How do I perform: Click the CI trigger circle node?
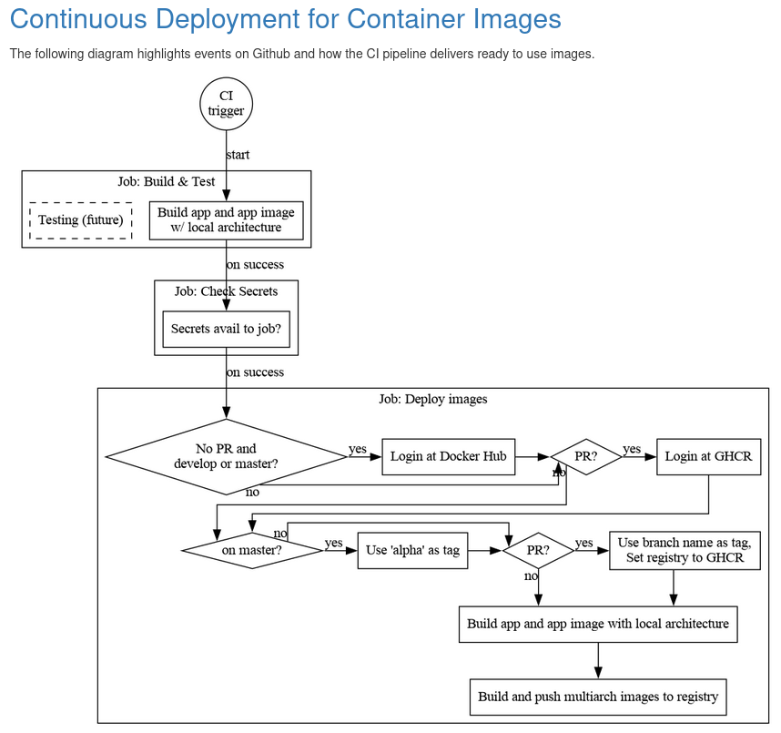click(x=226, y=104)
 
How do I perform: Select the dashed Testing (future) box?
click(x=81, y=220)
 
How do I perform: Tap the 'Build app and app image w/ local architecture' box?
click(x=226, y=220)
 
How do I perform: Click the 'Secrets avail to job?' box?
click(x=226, y=329)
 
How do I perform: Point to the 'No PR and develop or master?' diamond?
click(x=226, y=456)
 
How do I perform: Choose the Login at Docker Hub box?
click(x=449, y=456)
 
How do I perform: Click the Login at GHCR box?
click(x=708, y=456)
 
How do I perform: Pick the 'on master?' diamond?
click(x=252, y=551)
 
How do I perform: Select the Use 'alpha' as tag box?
click(x=412, y=551)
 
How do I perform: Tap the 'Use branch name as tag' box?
click(x=685, y=551)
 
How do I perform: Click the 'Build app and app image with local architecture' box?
click(x=598, y=625)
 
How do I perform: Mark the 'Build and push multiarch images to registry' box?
click(x=598, y=697)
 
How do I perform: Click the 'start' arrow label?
click(x=238, y=155)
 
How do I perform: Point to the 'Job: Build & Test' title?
click(x=167, y=181)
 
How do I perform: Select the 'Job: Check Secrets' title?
click(x=226, y=291)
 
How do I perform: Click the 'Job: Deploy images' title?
click(x=432, y=399)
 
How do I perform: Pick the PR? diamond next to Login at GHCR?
click(x=586, y=456)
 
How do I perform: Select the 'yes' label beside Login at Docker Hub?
click(x=358, y=449)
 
